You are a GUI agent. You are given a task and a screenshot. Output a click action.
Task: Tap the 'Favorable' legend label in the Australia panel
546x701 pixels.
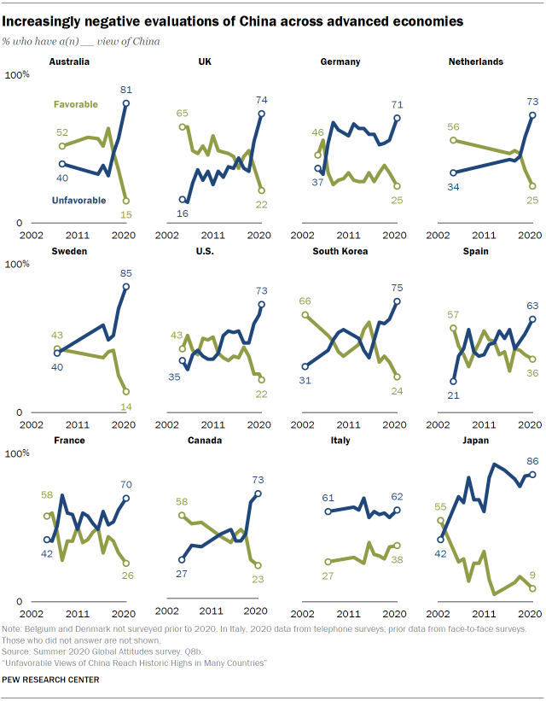point(76,105)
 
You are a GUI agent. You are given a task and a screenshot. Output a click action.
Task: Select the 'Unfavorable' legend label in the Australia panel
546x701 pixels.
point(78,201)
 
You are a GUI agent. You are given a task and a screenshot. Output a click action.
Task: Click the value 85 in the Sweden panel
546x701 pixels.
point(125,273)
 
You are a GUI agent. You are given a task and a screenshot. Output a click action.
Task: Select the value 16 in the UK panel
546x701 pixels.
point(183,211)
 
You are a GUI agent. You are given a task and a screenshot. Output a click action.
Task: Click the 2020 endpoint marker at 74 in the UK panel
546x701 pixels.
point(261,114)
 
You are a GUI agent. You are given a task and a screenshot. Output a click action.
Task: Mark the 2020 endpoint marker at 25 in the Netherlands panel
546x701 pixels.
point(532,186)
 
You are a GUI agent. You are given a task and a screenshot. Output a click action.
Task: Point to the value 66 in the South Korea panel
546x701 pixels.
point(305,301)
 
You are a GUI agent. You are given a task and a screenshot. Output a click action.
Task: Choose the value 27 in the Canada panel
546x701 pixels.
point(181,573)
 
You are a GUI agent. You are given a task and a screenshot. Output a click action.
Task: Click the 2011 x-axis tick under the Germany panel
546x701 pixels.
point(346,234)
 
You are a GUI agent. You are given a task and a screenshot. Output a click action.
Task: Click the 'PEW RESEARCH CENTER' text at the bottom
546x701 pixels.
point(50,680)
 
